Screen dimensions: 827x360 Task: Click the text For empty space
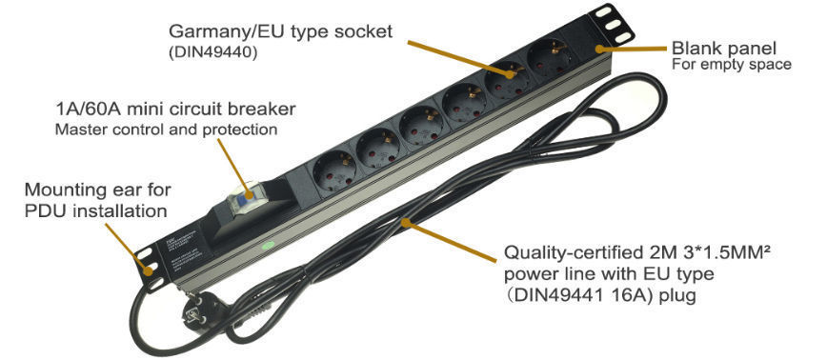coord(731,65)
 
